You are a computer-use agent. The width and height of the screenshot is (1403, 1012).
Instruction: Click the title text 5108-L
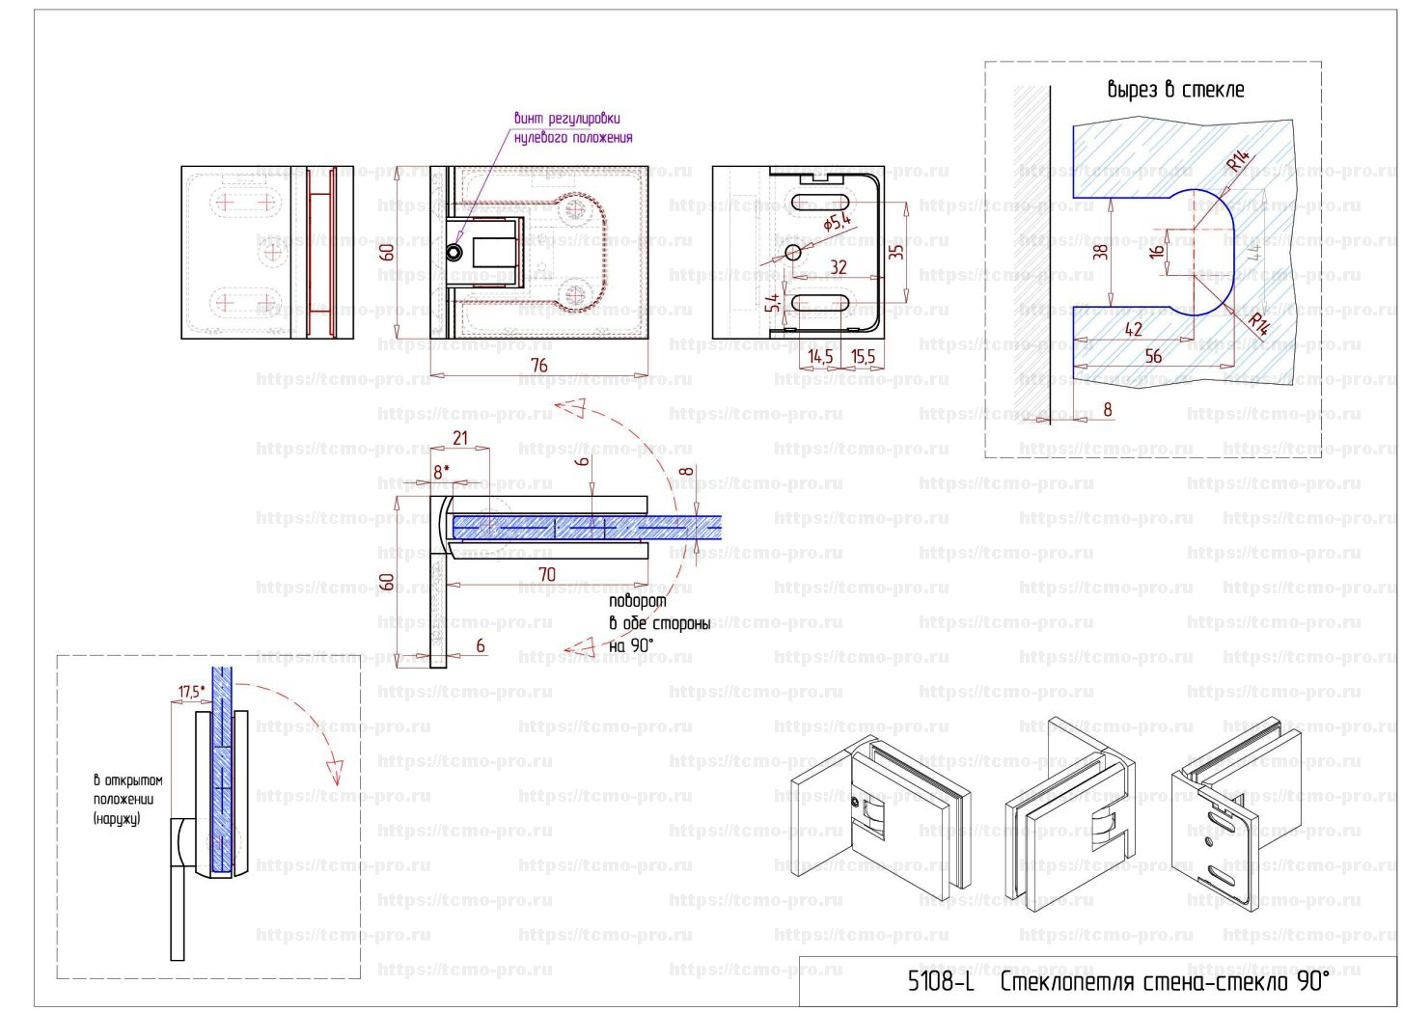tap(941, 983)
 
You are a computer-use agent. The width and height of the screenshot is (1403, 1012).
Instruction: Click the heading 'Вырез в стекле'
tap(1175, 90)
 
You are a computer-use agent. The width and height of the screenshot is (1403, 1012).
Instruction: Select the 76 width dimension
tap(539, 365)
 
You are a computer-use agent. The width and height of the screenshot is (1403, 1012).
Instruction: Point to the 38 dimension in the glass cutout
tap(1100, 252)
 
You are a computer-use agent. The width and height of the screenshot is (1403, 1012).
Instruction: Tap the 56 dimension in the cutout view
tap(1153, 356)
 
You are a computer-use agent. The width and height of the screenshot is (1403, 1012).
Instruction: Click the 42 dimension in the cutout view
tap(1133, 329)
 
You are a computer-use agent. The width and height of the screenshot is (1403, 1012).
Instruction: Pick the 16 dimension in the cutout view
tap(1157, 252)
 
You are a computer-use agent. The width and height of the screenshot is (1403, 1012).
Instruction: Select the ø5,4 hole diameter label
tap(838, 223)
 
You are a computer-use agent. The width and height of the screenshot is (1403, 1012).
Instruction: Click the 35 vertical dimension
tap(896, 251)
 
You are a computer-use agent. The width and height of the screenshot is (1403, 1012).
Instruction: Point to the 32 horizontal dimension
tap(839, 267)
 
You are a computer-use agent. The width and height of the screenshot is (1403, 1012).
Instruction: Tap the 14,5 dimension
tap(820, 357)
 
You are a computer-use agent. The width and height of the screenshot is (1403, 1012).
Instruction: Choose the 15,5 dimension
tap(863, 357)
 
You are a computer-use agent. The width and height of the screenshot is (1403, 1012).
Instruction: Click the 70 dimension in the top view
tap(546, 574)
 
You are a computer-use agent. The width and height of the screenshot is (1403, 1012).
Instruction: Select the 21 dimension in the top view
tap(460, 438)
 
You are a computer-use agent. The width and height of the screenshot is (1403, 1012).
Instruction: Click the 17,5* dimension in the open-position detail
tap(191, 692)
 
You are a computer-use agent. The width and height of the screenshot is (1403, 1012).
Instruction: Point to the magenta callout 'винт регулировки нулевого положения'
tap(573, 128)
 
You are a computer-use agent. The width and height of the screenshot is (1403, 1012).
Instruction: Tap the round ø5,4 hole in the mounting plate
tap(794, 253)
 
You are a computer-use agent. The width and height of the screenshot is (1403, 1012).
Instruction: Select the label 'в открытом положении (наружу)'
tap(127, 800)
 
